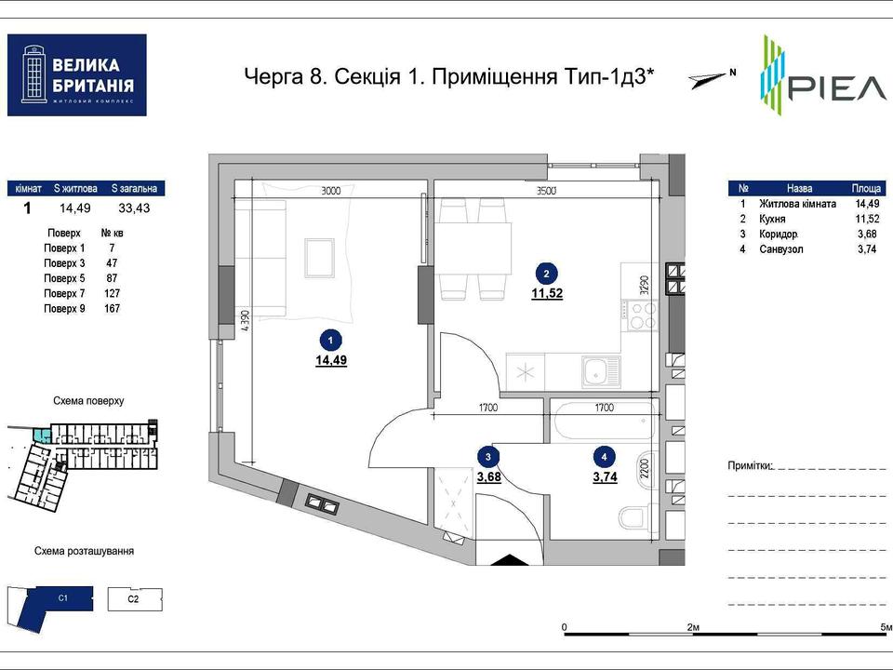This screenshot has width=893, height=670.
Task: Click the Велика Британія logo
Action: tap(77, 74)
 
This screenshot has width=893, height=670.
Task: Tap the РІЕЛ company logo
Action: tap(823, 74)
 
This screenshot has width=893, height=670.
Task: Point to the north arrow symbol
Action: tap(711, 78)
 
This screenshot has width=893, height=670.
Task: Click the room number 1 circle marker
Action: tap(331, 341)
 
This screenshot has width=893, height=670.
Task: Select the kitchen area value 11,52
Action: tap(547, 293)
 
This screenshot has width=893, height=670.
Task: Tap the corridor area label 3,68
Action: tap(489, 476)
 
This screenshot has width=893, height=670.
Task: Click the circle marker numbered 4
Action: tap(604, 456)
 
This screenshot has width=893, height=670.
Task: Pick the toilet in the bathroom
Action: tap(635, 518)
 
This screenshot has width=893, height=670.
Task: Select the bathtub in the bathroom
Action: tap(604, 421)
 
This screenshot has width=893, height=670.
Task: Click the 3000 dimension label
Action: tap(330, 191)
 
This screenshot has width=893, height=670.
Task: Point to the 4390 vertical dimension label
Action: tap(246, 321)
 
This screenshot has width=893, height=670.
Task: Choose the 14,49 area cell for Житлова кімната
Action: tap(867, 204)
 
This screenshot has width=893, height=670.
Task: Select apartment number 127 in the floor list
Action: tap(113, 293)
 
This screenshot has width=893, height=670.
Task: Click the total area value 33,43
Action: tap(134, 208)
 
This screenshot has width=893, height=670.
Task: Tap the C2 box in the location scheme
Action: tap(135, 598)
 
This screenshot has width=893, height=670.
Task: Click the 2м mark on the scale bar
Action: tap(693, 627)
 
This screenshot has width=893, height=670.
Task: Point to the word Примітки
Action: tap(751, 465)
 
